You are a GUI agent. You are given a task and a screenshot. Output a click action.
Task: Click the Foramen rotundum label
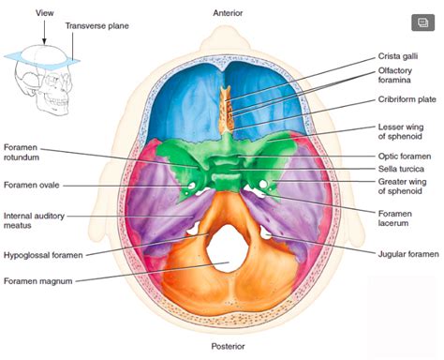[26, 153]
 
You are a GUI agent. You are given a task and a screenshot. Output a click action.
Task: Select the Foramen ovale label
[31, 185]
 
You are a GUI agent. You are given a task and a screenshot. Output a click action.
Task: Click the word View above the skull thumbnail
[42, 13]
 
